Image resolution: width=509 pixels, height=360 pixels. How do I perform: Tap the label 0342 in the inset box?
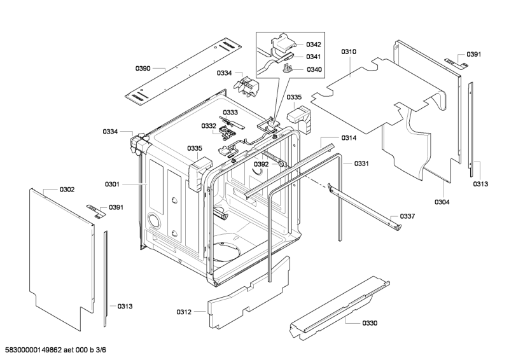tap(313, 45)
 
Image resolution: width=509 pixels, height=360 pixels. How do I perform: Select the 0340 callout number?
tap(313, 69)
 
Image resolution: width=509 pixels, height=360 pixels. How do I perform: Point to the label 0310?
tap(349, 51)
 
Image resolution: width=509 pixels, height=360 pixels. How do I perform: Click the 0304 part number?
tap(442, 202)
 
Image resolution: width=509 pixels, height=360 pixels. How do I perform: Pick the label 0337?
tap(407, 216)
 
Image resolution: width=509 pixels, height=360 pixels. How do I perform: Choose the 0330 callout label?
tap(369, 323)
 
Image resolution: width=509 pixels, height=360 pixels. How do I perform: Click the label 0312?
tap(183, 312)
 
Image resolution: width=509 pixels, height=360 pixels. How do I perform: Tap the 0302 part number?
tap(67, 190)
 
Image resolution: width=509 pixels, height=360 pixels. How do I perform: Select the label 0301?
tap(112, 184)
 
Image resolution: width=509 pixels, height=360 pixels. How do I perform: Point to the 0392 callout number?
tap(261, 163)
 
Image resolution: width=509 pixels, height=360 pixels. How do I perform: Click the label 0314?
tap(348, 138)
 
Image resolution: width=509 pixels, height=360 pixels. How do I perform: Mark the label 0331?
tap(361, 163)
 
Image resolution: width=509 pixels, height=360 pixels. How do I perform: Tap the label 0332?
tap(209, 126)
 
